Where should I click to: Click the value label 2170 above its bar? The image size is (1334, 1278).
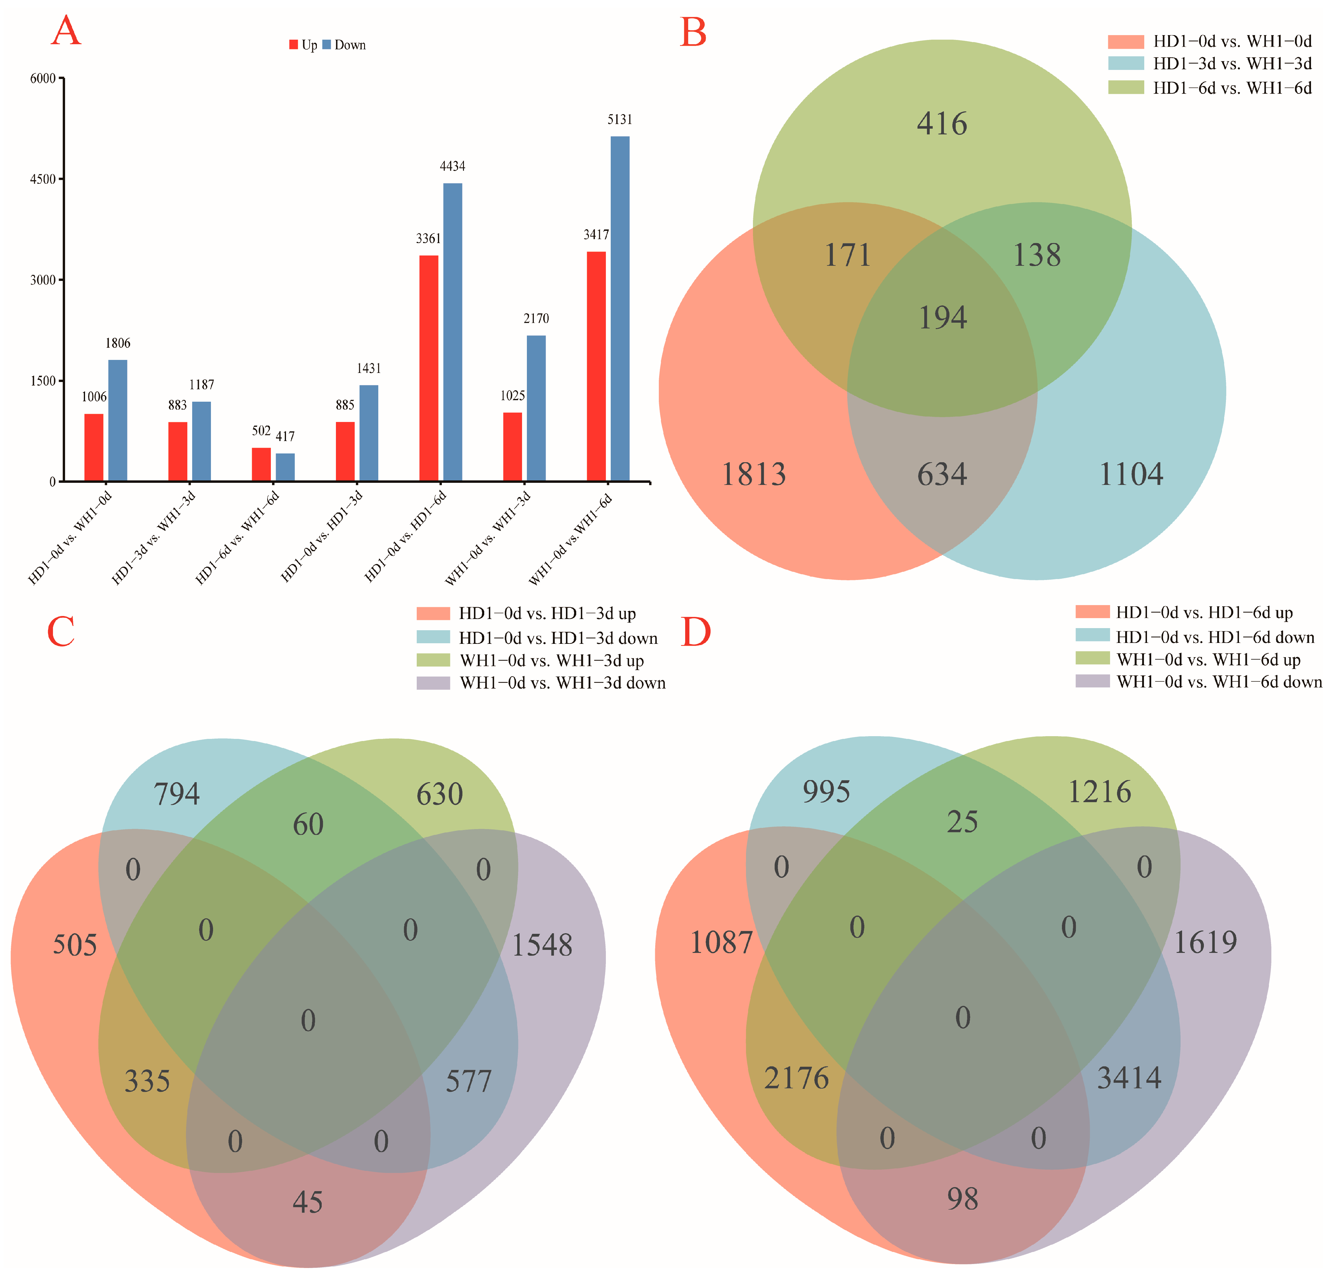[536, 319]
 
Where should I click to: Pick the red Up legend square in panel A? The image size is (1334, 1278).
[293, 45]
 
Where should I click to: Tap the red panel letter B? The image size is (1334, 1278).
[693, 33]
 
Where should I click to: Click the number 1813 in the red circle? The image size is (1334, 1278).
[754, 475]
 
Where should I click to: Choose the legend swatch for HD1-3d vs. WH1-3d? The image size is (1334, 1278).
[1126, 63]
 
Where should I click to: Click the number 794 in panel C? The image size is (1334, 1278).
[176, 794]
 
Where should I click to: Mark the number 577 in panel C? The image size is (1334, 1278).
[468, 1081]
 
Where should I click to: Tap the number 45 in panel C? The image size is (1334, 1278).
[308, 1202]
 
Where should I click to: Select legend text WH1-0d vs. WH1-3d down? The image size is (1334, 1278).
[562, 683]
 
